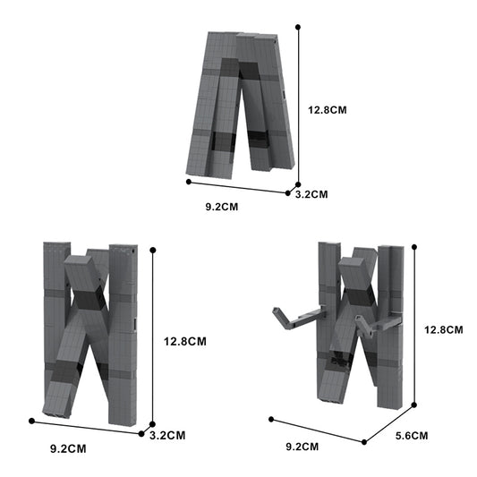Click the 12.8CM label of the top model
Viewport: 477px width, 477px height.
click(x=328, y=110)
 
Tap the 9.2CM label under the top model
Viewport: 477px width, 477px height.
click(x=222, y=207)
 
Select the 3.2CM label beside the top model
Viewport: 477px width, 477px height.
click(x=311, y=194)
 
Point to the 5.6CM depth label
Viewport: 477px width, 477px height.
click(x=412, y=436)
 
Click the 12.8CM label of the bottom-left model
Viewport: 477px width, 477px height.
click(x=185, y=341)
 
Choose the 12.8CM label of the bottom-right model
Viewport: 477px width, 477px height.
click(x=444, y=329)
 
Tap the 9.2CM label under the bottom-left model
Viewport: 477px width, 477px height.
click(x=68, y=448)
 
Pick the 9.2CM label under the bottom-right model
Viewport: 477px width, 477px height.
click(x=302, y=447)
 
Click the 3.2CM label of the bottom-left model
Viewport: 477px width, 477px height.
click(x=167, y=435)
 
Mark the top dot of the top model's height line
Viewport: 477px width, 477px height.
click(x=298, y=27)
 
